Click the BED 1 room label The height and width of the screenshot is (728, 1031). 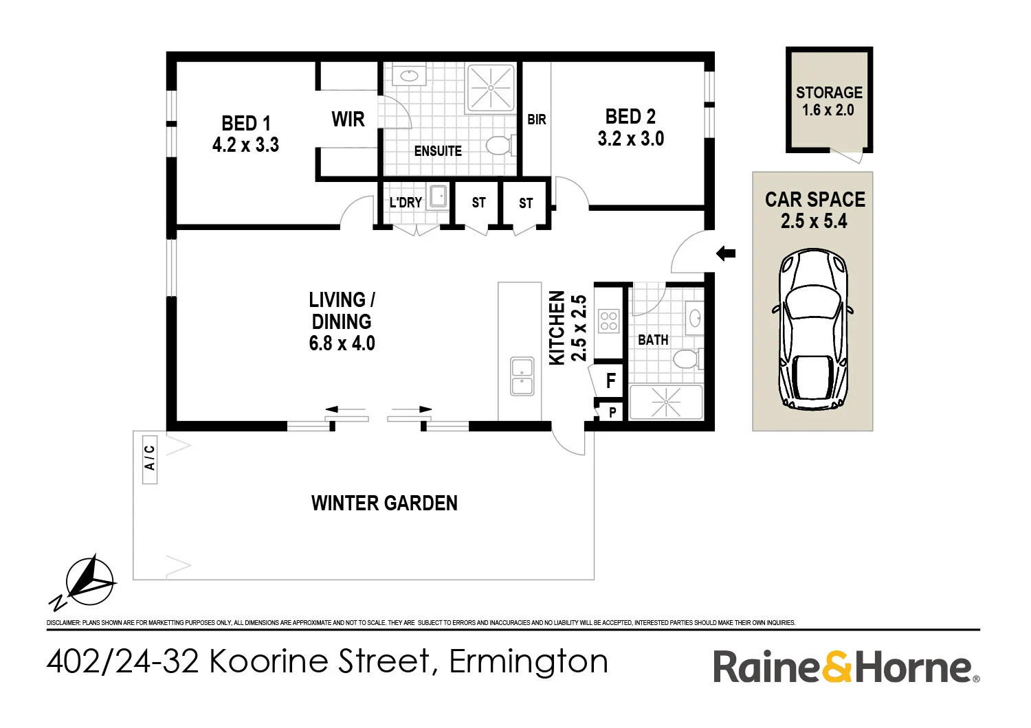tap(245, 124)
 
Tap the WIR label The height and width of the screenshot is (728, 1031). tap(348, 120)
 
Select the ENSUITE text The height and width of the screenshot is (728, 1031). tap(438, 151)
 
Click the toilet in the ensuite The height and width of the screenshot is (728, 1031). tap(499, 145)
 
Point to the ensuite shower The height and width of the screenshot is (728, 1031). tap(490, 88)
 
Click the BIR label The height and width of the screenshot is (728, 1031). tap(537, 120)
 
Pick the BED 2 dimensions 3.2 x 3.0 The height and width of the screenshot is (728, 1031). tap(631, 139)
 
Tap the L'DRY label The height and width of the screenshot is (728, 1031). tap(406, 203)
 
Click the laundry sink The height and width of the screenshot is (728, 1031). tap(439, 197)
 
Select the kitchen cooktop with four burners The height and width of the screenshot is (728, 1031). tap(608, 321)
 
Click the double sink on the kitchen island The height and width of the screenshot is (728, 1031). tap(522, 376)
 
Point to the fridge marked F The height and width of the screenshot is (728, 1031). tap(610, 380)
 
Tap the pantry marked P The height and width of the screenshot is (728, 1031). tap(612, 412)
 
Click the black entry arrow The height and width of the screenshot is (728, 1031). tap(726, 253)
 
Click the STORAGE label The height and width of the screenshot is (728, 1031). tap(829, 93)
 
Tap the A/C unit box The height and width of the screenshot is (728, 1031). tap(150, 458)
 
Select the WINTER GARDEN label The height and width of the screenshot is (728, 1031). tap(384, 503)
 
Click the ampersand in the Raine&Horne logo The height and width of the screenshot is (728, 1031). tap(836, 667)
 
